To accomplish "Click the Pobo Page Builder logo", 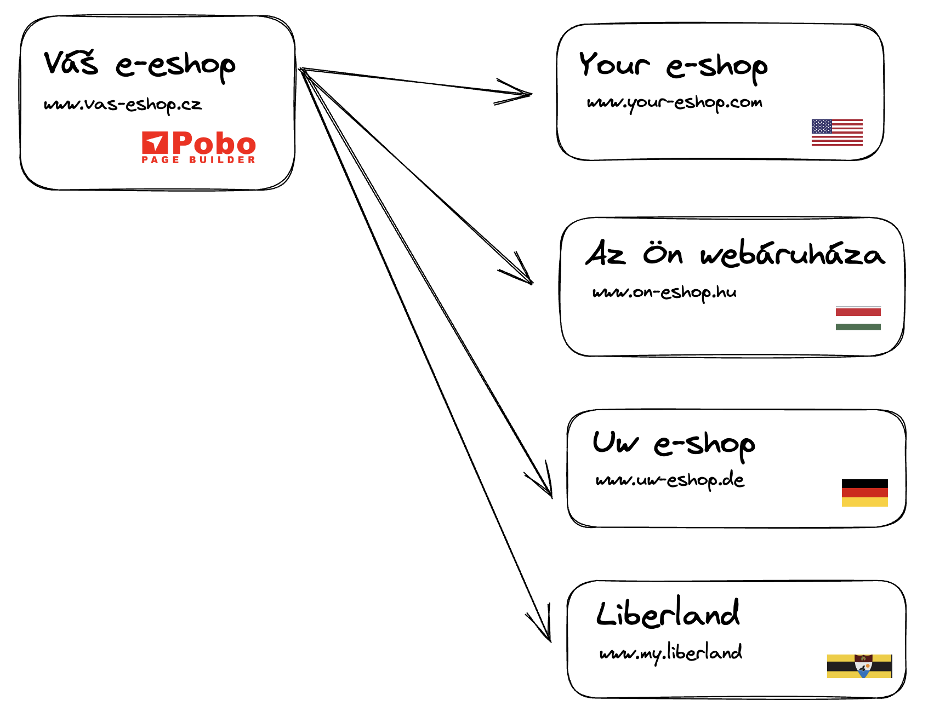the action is (x=198, y=147).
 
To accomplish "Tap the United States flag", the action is (x=837, y=133).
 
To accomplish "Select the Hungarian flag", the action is (x=858, y=319).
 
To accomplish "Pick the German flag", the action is (x=864, y=493).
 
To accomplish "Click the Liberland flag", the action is (x=859, y=666).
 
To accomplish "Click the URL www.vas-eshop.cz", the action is (x=123, y=105).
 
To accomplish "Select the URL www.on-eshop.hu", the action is (x=664, y=292).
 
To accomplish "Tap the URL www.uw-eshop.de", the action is (x=670, y=481).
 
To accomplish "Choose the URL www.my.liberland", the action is (x=671, y=653).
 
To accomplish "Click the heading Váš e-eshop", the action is (x=140, y=65).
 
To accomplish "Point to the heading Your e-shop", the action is (x=673, y=67).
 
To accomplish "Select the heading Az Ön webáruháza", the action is (x=735, y=254).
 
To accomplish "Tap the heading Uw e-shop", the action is (x=674, y=444).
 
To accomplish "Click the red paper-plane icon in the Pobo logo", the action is (x=155, y=142).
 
